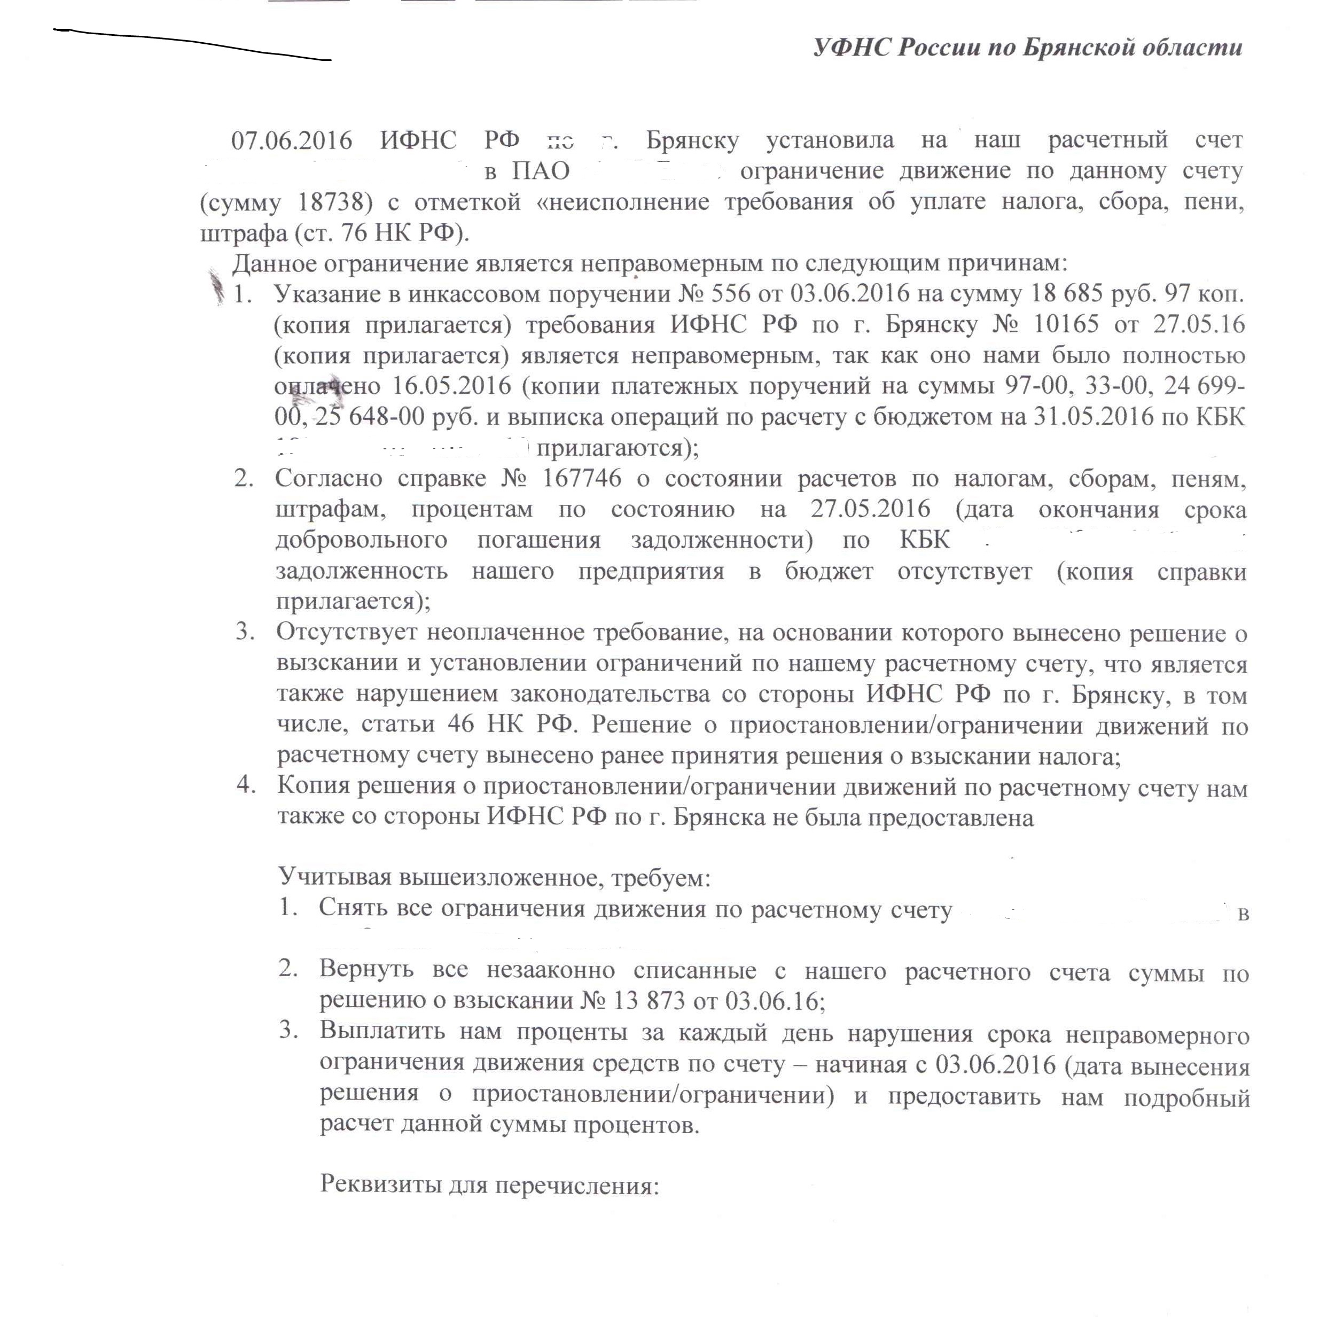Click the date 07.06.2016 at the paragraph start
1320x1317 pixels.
pyautogui.click(x=292, y=140)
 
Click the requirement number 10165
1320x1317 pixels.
pyautogui.click(x=1065, y=323)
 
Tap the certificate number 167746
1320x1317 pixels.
pyautogui.click(x=581, y=478)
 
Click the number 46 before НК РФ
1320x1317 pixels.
pyautogui.click(x=460, y=724)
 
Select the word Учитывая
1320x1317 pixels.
pyautogui.click(x=334, y=877)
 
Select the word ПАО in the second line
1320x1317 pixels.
pyautogui.click(x=541, y=171)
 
